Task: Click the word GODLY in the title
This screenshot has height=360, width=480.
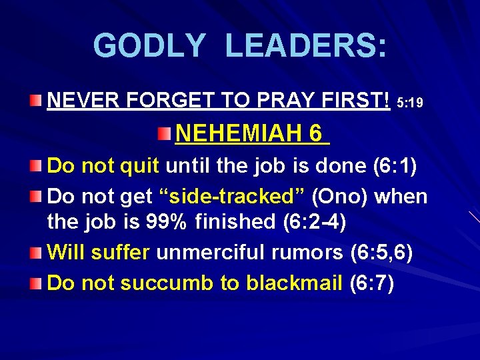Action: click(x=149, y=46)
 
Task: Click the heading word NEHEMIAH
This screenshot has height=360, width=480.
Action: click(x=239, y=134)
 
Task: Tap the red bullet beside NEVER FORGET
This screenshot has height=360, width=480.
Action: click(x=38, y=101)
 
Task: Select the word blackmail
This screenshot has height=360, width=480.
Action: click(x=295, y=283)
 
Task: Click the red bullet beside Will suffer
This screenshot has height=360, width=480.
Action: click(x=38, y=253)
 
